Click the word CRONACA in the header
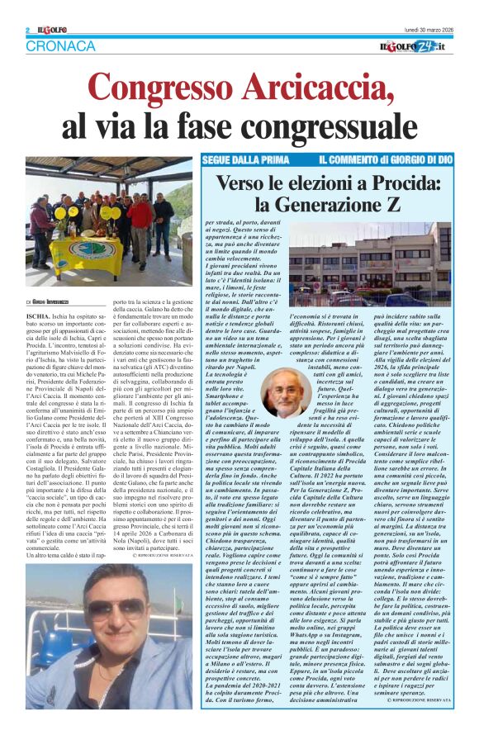click(x=60, y=46)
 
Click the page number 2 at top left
click(x=27, y=30)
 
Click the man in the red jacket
click(x=140, y=223)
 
